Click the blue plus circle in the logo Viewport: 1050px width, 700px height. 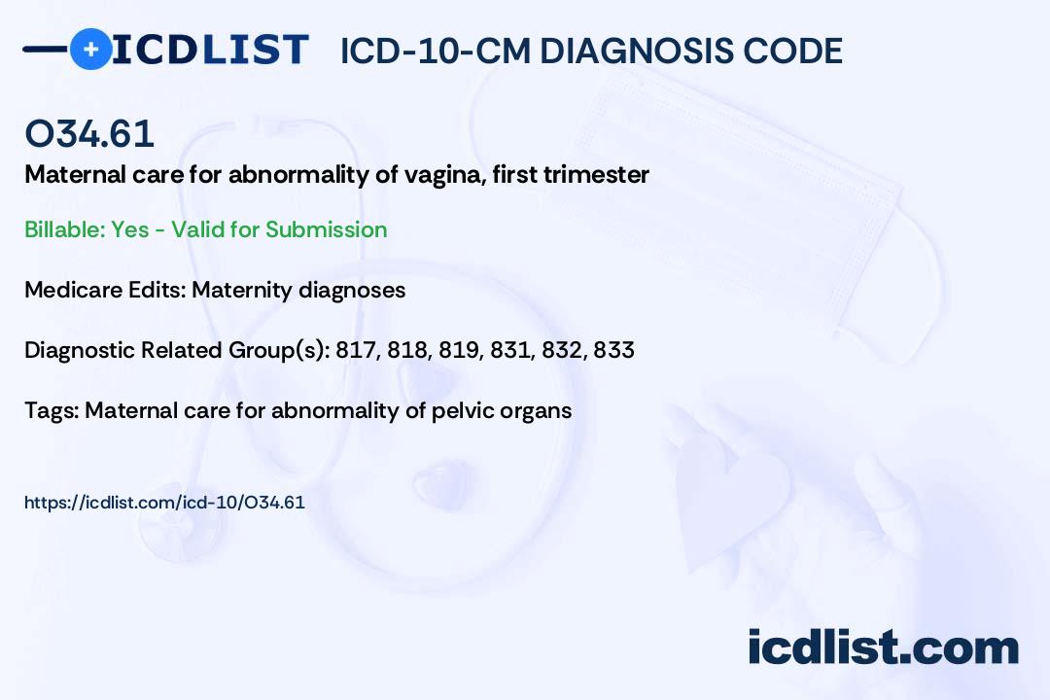90,49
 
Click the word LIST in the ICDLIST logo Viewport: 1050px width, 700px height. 255,50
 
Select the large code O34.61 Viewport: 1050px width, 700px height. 89,133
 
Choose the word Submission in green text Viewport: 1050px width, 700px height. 326,229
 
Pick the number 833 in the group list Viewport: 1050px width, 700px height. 614,350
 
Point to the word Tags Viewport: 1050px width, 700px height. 51,410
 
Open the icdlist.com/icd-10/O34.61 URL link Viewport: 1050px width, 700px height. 164,503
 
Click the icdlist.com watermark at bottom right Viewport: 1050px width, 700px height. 883,647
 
